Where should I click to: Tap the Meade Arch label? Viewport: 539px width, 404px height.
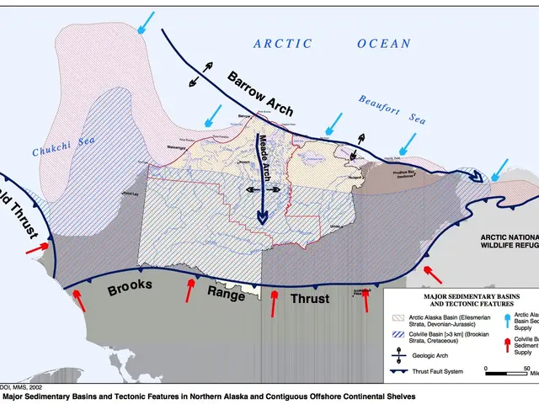(264, 157)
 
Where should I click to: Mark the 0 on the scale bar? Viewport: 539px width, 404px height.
(487, 368)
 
